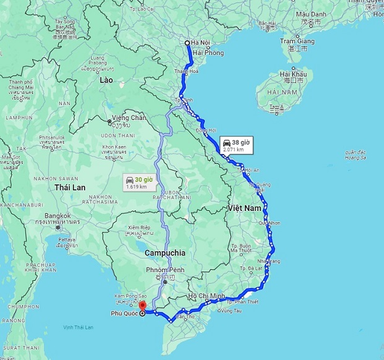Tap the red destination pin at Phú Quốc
(142, 305)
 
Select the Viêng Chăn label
(129, 118)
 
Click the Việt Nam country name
(244, 208)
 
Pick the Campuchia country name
(165, 253)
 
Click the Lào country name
(106, 80)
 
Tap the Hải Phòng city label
(207, 53)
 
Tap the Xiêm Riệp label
(139, 228)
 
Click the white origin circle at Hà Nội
(188, 43)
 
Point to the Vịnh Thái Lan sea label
(77, 327)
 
